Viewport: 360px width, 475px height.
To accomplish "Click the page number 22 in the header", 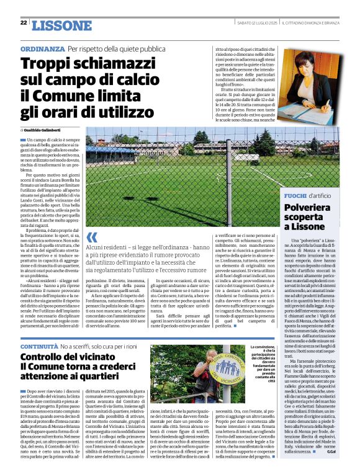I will (23, 23).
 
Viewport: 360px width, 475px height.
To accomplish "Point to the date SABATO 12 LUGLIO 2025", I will (256, 23).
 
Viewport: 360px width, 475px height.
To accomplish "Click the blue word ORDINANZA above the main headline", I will (42, 48).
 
